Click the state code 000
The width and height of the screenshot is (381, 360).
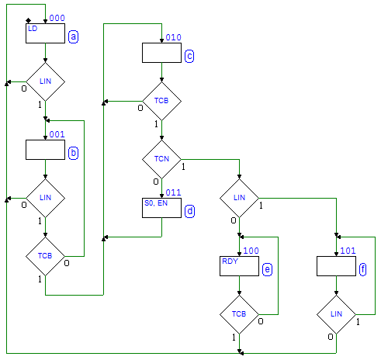click(57, 18)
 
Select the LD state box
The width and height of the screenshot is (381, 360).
click(45, 33)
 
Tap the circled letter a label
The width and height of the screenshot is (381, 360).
click(73, 36)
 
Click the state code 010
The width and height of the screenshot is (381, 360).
click(173, 37)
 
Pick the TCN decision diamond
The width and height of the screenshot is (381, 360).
click(161, 159)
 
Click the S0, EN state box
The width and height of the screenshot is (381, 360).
click(161, 208)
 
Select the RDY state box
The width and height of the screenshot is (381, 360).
click(239, 266)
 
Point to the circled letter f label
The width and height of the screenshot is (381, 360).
click(363, 269)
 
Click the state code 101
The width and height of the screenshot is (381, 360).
click(348, 251)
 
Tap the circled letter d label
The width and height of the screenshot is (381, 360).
click(189, 211)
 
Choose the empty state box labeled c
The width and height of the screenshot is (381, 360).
click(161, 53)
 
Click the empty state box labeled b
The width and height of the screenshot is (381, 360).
click(45, 150)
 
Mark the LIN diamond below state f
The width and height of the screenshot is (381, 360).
click(336, 314)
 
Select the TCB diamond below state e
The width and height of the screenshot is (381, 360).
click(239, 314)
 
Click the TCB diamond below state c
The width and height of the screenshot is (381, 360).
click(161, 101)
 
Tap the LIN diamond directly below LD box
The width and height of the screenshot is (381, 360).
click(45, 81)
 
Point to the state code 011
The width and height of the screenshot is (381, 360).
click(173, 192)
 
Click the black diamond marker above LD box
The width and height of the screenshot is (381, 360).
click(29, 21)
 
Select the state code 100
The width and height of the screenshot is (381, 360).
click(251, 251)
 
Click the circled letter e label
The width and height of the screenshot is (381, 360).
click(267, 269)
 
